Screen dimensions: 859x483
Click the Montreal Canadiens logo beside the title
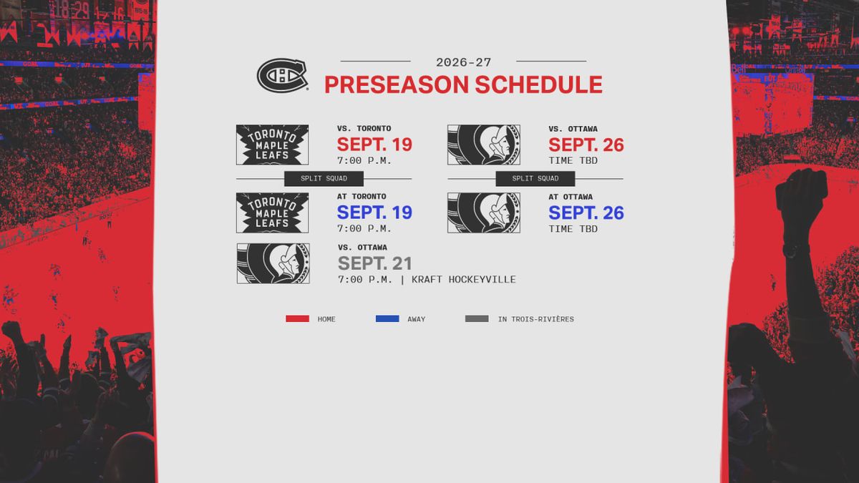tap(283, 75)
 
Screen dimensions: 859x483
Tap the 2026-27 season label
tap(463, 62)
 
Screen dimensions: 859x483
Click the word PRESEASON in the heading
tap(397, 84)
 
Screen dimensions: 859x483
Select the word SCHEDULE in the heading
tap(539, 84)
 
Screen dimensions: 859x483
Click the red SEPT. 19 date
tap(374, 145)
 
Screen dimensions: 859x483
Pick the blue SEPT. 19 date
tap(374, 213)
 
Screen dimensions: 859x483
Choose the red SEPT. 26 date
tap(586, 145)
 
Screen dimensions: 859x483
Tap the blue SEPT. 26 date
tap(586, 213)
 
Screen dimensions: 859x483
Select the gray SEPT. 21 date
tap(374, 263)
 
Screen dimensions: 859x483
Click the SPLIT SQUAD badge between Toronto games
tap(324, 179)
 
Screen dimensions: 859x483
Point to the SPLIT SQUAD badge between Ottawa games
tap(535, 179)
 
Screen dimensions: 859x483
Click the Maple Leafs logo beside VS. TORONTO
tap(272, 145)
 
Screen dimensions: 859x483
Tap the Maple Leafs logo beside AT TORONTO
tap(272, 213)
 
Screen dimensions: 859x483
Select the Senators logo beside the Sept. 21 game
tap(273, 263)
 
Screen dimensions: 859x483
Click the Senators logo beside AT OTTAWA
tap(484, 213)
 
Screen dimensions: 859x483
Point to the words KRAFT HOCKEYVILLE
tap(464, 280)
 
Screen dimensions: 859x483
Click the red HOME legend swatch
tap(297, 318)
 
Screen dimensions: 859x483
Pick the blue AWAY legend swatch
tap(387, 318)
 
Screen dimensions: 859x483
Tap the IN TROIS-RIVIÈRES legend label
tap(535, 319)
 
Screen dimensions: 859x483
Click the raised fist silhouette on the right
tap(802, 200)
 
